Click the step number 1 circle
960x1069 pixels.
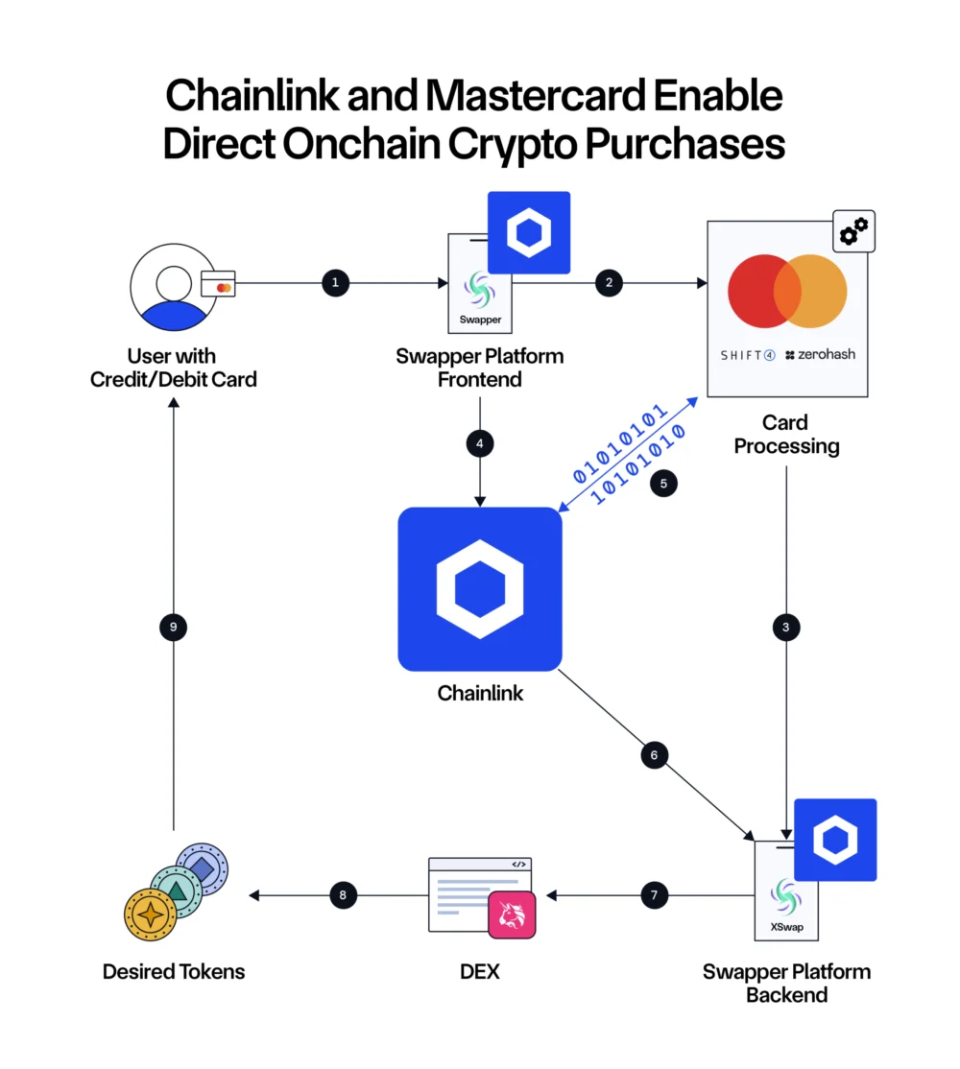tap(335, 283)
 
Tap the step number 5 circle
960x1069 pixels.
tap(663, 484)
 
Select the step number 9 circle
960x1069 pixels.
tap(173, 628)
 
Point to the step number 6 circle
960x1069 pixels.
tap(654, 755)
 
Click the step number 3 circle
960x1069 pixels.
tap(786, 628)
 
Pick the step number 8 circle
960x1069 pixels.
tap(343, 896)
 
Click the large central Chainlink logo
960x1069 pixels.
tap(479, 589)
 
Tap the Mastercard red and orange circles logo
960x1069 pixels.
tap(787, 292)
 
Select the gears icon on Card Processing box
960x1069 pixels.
tap(853, 231)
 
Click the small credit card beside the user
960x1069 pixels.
tap(219, 287)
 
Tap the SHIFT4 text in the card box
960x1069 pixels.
tap(748, 355)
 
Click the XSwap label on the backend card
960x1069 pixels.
tap(786, 927)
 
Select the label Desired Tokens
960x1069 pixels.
tap(174, 972)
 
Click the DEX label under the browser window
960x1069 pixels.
tap(480, 972)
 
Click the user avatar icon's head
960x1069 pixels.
tap(174, 282)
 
